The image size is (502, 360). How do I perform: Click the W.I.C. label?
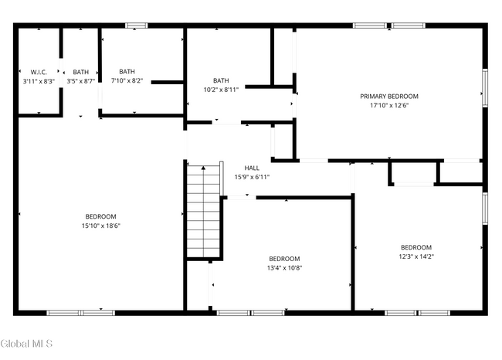[39, 72]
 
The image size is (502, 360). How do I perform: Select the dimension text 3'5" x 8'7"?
[80, 81]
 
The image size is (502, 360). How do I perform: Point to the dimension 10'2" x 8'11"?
[221, 90]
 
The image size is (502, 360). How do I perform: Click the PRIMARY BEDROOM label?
[389, 97]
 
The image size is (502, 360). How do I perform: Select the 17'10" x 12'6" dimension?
[389, 106]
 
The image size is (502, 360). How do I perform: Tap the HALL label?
[252, 168]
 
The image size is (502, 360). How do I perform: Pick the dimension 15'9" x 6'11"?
[252, 177]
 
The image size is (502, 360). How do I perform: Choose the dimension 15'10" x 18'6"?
[100, 226]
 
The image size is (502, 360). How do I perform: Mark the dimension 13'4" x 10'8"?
[284, 268]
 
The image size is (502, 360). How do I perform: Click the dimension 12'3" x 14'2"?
[416, 256]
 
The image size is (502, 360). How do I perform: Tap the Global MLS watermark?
[26, 344]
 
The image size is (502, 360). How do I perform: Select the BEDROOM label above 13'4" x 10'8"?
[284, 259]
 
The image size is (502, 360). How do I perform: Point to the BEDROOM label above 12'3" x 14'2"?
[416, 247]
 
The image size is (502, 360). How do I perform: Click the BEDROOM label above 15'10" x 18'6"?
[100, 216]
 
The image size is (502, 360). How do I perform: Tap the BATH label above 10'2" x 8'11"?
[221, 80]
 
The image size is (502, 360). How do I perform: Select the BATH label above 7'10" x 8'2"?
[127, 72]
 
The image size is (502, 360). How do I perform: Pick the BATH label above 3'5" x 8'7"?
[80, 72]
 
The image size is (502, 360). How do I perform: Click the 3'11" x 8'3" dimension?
[39, 81]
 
